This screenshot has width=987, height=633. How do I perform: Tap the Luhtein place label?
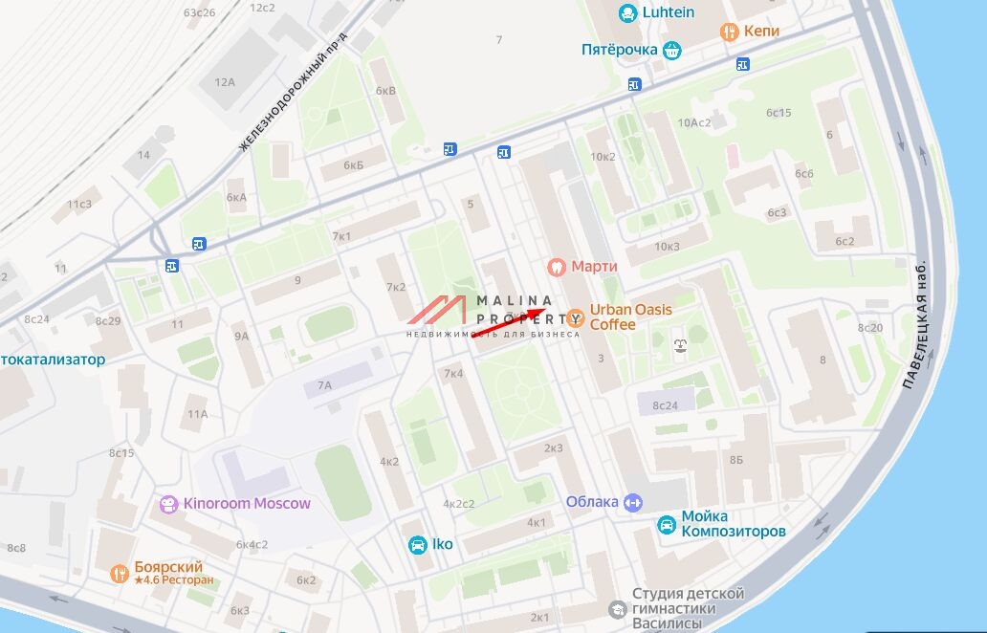669,12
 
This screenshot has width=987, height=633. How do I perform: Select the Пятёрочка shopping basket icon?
672,50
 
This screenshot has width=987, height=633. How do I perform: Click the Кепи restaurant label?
762,31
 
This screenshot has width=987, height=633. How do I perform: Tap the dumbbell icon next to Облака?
632,502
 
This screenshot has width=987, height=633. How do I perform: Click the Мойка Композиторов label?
734,524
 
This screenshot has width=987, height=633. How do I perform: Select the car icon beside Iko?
417,545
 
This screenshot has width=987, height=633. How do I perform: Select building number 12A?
225,82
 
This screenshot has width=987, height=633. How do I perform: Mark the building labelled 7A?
325,385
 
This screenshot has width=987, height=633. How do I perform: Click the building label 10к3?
667,246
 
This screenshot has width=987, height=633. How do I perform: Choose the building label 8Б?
735,460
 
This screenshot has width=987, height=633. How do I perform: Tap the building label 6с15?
779,113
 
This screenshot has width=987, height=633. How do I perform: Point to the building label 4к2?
389,461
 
